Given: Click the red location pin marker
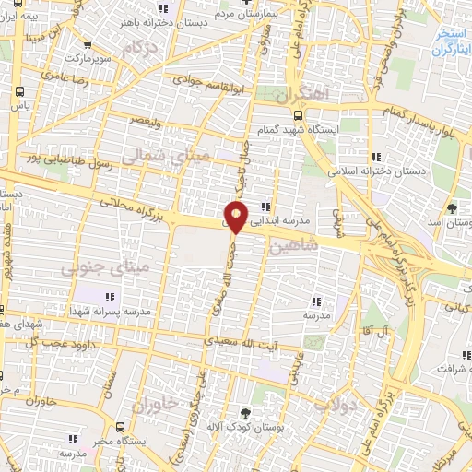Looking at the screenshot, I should (x=236, y=218).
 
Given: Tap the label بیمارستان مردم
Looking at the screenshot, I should (x=242, y=14).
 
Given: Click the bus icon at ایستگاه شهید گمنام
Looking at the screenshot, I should (x=297, y=116).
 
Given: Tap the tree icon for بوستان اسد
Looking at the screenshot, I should (x=452, y=208).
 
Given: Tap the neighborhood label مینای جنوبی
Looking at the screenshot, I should (x=92, y=269).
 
